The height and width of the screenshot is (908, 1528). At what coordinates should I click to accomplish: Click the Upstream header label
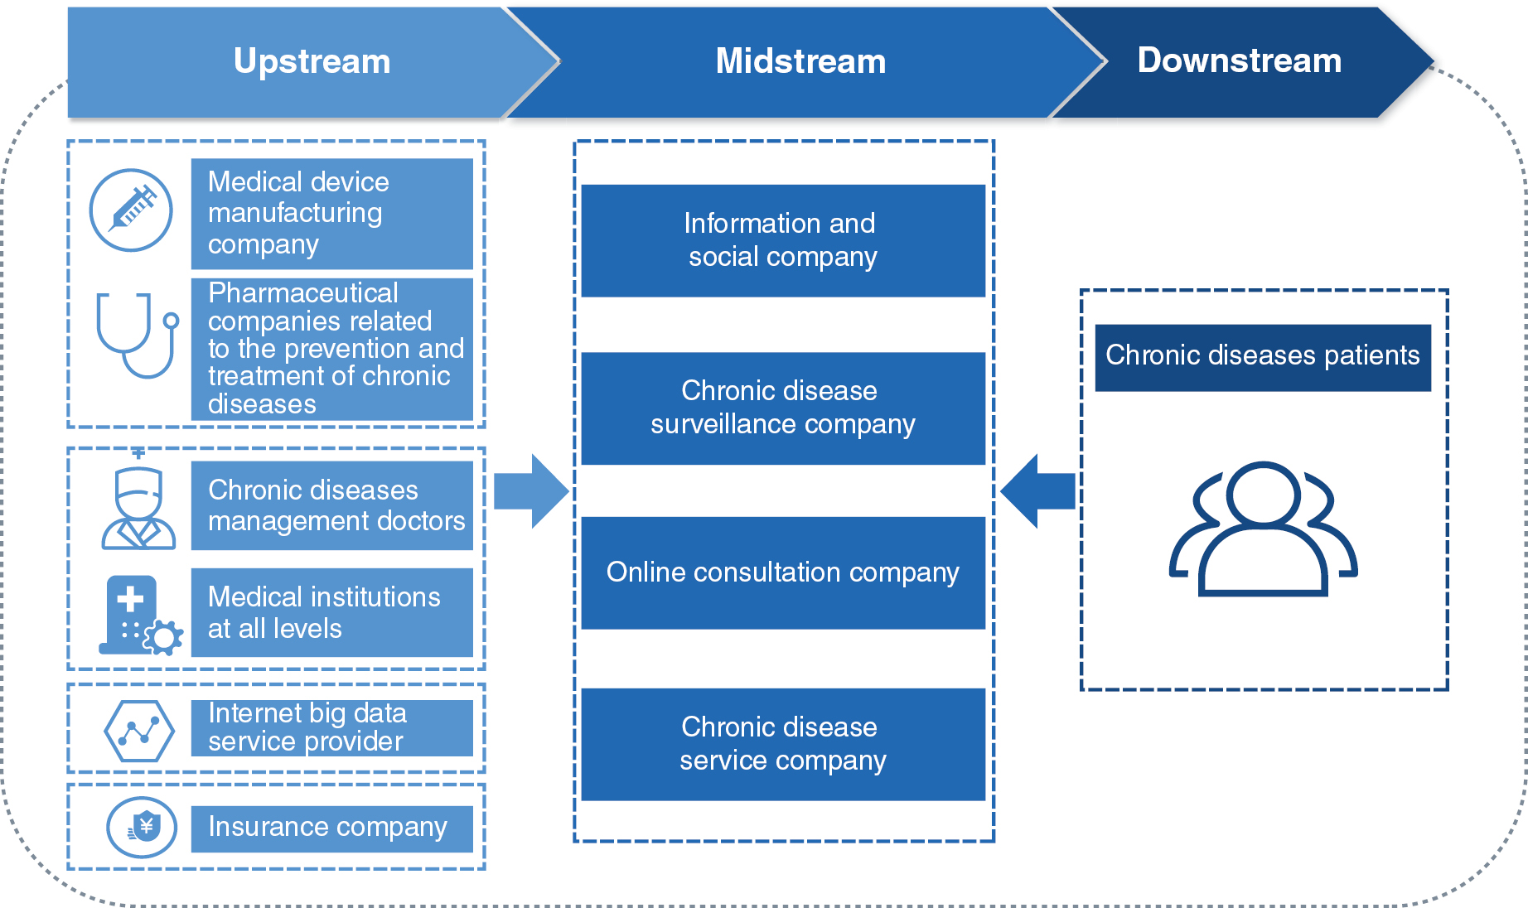point(312,62)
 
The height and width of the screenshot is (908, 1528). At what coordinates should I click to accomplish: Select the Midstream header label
point(800,62)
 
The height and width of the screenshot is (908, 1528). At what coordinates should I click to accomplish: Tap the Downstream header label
point(1239,61)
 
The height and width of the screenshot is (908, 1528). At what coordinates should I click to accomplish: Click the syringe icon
point(131,210)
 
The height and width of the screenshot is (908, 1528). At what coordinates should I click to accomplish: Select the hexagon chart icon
point(139,731)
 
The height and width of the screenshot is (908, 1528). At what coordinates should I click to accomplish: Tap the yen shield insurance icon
point(142,827)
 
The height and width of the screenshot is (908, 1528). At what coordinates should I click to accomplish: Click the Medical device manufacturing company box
point(331,214)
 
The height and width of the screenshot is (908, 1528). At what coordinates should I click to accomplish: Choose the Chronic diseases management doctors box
point(331,505)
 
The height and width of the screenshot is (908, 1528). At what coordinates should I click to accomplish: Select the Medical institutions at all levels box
point(331,613)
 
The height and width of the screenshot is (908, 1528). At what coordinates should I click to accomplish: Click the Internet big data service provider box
point(331,728)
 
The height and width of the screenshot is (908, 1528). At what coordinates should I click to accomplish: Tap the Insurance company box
point(331,828)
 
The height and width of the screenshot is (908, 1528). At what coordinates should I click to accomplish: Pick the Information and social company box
point(783,240)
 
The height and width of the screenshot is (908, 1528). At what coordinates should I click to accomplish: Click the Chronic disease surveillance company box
point(783,408)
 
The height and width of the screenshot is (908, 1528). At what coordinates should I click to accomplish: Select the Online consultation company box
point(783,573)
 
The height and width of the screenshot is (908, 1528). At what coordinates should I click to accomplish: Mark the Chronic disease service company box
point(783,744)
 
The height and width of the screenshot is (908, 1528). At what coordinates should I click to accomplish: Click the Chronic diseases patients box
point(1263,357)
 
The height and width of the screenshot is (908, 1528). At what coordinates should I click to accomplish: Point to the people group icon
point(1263,529)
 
